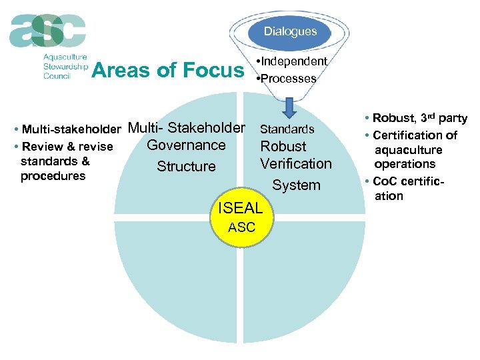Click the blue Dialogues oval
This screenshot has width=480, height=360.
coord(290,31)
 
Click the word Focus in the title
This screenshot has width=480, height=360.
coord(214,70)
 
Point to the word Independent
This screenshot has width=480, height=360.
coord(294,61)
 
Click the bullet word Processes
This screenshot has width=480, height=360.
coord(289,78)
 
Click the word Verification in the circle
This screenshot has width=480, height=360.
coord(295,163)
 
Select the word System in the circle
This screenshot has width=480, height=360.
coord(297,185)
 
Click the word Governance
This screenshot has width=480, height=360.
coord(186,145)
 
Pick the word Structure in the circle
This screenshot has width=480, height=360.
coord(186,166)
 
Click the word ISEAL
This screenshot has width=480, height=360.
coord(241,209)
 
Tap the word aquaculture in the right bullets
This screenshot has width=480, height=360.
coord(408,149)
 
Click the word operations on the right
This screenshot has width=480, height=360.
coord(405,164)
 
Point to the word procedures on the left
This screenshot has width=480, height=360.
coord(53,176)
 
